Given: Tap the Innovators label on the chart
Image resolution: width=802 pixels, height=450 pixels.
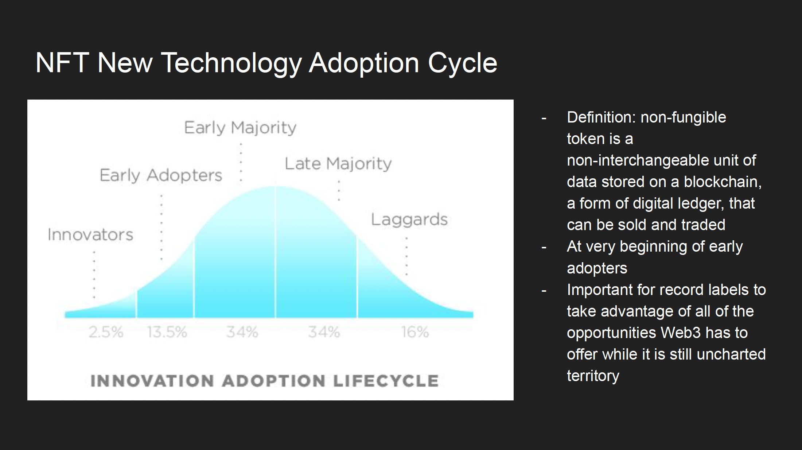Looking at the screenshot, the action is pos(90,234).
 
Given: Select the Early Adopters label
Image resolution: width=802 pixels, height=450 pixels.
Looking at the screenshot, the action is pos(161,175).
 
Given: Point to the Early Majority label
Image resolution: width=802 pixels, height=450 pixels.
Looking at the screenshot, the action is pos(240,128).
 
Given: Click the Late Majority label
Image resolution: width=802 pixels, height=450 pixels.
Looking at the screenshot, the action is pos(338,164).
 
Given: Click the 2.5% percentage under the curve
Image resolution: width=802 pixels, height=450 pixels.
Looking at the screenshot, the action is pos(106,332).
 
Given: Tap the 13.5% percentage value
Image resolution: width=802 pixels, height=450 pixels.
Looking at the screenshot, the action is pos(167,332).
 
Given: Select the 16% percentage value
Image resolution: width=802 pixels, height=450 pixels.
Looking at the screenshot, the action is pos(415,332).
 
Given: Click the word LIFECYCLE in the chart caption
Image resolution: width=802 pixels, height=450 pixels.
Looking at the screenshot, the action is pos(386,381).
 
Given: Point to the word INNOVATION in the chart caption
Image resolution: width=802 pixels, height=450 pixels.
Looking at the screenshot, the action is pos(152,381).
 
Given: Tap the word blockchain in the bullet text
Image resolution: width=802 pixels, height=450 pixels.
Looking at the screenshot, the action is pos(723,182).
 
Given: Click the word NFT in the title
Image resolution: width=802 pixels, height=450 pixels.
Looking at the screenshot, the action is pos(62,63).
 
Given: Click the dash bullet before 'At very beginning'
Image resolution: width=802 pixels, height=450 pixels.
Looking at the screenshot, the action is pos(544,248).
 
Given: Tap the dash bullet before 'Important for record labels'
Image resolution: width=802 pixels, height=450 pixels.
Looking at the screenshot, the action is pos(544,291).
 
